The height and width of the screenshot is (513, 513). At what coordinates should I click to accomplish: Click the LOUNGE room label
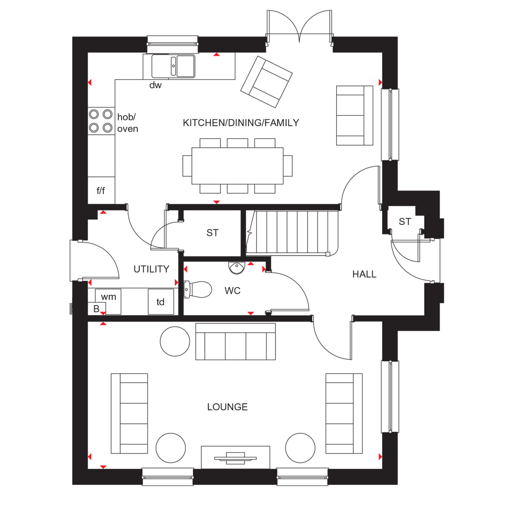227,407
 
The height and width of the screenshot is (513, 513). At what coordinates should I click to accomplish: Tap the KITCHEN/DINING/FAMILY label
241,123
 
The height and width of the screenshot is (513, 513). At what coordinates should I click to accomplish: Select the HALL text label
364,274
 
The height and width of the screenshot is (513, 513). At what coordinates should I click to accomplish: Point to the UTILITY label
151,269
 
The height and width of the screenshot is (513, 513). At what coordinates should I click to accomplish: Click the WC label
232,291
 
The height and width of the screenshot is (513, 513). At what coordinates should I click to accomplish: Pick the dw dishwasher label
155,85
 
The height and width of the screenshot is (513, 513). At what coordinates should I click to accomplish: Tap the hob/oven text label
128,123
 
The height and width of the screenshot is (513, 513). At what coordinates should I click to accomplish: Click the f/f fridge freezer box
101,190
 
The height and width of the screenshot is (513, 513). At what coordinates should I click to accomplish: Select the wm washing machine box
108,301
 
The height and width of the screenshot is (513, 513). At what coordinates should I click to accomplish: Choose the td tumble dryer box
161,302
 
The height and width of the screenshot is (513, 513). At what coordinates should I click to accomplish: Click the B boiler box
97,309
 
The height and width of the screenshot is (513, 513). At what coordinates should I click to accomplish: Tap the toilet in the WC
197,290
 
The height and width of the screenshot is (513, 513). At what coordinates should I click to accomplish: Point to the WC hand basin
236,268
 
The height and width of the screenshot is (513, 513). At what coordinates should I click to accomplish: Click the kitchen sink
173,66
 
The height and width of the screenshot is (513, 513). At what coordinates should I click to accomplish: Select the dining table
237,165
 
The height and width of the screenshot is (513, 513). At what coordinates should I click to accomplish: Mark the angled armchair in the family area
267,82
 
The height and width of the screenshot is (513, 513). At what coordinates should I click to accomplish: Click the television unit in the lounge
235,457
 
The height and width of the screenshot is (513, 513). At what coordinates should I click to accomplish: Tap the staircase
292,232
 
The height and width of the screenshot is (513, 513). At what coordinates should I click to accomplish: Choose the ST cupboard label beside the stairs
212,232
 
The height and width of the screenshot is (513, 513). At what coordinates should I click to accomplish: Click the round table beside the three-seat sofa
175,341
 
